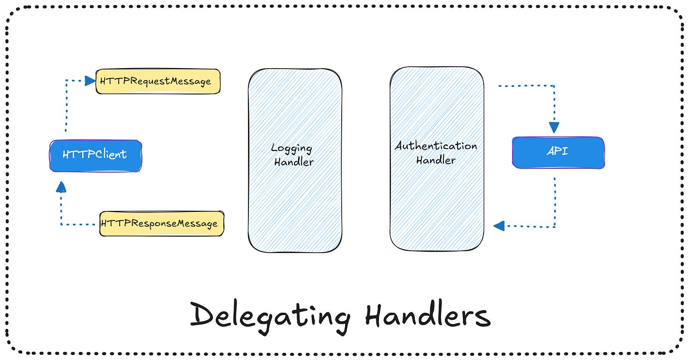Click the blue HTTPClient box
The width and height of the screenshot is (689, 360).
(x=95, y=155)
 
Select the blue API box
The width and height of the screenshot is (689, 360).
(x=558, y=152)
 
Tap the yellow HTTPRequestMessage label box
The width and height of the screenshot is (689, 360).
(x=158, y=81)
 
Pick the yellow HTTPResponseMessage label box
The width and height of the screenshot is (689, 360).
(x=161, y=224)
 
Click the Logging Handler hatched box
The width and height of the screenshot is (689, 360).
(x=295, y=199)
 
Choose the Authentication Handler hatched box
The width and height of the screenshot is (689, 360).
(x=437, y=199)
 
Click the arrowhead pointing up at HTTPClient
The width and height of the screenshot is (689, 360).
(x=61, y=188)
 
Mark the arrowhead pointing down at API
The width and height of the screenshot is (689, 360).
(x=554, y=127)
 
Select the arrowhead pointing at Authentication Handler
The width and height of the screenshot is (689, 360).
(x=499, y=226)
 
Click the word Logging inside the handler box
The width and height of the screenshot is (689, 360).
(x=291, y=149)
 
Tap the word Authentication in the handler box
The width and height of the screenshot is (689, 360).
(x=436, y=146)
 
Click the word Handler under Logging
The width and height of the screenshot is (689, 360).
(x=294, y=162)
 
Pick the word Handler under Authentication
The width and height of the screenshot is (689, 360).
(x=436, y=160)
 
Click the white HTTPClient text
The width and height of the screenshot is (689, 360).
(x=94, y=154)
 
